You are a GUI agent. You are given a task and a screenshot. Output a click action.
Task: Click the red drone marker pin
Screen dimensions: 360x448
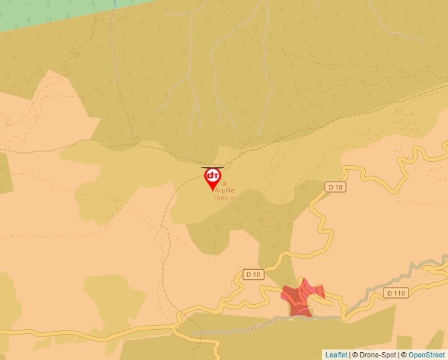pyautogui.click(x=212, y=178)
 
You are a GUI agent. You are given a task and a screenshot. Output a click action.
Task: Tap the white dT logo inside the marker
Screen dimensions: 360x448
pyautogui.click(x=212, y=176)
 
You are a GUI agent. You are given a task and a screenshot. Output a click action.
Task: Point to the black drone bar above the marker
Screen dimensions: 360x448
pyautogui.click(x=212, y=168)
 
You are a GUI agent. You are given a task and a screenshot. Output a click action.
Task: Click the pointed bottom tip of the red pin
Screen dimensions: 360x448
pyautogui.click(x=212, y=192)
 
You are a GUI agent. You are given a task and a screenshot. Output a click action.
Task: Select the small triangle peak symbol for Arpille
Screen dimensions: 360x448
pyautogui.click(x=224, y=184)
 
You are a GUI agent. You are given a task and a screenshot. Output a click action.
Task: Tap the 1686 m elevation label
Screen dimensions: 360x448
pyautogui.click(x=224, y=198)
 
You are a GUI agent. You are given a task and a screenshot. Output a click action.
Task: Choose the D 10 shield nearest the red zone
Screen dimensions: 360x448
pyautogui.click(x=253, y=274)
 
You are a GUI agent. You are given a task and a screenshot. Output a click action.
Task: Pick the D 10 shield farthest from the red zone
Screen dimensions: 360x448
pyautogui.click(x=335, y=187)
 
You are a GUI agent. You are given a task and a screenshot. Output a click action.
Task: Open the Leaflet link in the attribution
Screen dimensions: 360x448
pyautogui.click(x=336, y=355)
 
